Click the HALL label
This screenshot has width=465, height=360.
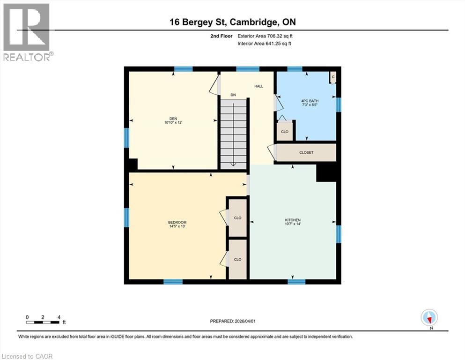pos(258,87)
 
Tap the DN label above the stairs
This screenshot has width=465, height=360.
pos(233,95)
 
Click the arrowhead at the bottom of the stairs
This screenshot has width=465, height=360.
pos(233,164)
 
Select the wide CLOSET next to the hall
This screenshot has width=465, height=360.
pos(306,153)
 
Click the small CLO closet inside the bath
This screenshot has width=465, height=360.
pos(285,132)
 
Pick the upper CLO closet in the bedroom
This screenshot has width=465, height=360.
pos(237,218)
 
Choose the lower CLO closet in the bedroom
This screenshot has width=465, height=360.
pos(237,259)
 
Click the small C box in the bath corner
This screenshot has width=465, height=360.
pos(333,77)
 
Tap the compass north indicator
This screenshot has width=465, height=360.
pos(429,318)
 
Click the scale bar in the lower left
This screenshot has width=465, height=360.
pos(43,322)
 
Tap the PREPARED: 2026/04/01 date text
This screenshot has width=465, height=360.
pos(232,321)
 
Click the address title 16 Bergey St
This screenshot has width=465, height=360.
pos(232,22)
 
